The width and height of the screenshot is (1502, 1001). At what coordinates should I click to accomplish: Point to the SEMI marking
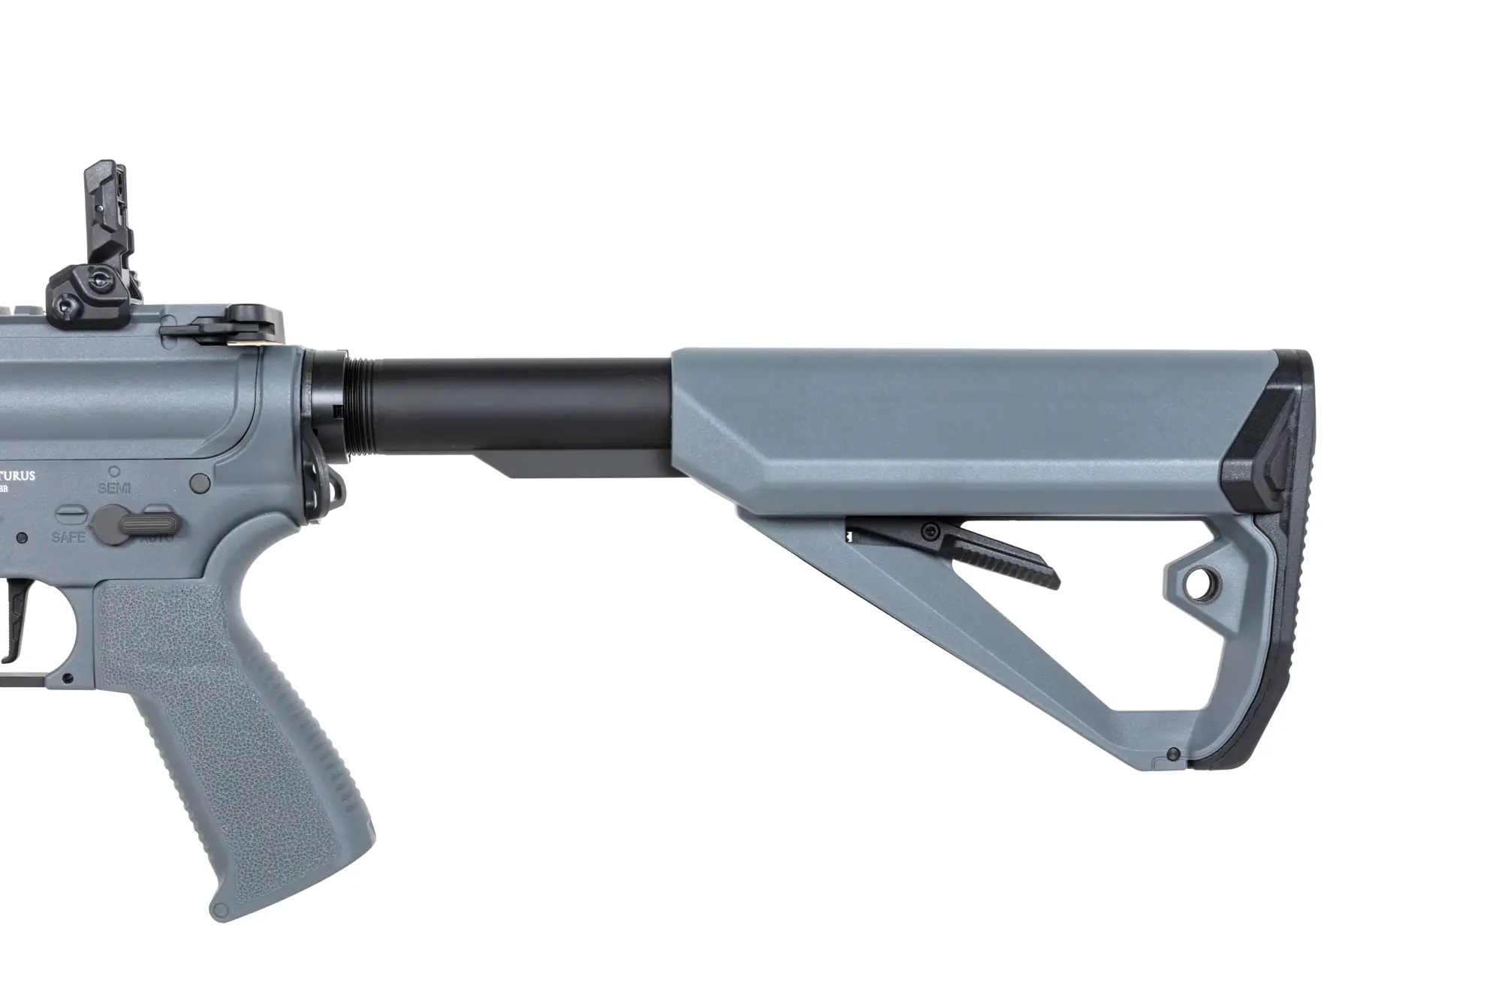(115, 488)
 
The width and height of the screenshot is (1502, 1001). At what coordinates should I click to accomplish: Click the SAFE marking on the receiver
(68, 537)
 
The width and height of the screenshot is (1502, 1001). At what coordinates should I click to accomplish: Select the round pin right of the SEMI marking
(200, 481)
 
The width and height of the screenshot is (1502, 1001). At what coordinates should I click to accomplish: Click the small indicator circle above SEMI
(114, 472)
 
